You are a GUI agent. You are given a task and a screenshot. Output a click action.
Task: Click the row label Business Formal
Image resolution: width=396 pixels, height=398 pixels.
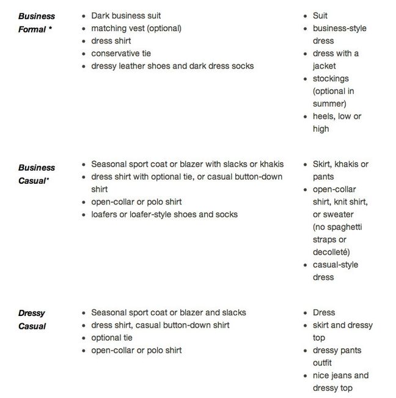point(36,22)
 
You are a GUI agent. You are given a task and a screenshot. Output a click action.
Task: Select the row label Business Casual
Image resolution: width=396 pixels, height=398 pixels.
point(36,174)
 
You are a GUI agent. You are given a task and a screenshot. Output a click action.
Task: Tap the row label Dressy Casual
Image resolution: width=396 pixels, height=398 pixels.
point(32,320)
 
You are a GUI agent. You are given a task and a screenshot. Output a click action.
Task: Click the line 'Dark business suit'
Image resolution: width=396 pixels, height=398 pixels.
point(126,15)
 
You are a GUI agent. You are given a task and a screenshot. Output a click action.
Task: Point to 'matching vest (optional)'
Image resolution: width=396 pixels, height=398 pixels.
point(136,28)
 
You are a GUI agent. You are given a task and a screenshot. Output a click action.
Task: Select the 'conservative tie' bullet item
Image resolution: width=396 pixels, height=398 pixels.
point(122,53)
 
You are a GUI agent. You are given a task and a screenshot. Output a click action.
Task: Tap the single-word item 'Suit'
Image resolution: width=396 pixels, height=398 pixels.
point(320,15)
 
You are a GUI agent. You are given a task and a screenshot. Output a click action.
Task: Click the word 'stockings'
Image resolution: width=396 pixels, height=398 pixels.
point(331,78)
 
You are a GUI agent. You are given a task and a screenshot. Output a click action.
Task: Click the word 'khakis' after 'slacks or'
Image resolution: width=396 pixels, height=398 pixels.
point(272,164)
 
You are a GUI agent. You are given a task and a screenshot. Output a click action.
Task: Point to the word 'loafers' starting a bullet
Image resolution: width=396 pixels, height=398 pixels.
point(106,214)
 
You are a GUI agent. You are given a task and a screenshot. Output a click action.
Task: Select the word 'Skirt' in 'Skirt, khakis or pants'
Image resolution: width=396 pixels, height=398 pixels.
point(323,164)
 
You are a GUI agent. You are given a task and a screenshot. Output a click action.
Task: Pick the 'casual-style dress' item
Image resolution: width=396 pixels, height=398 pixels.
point(335,271)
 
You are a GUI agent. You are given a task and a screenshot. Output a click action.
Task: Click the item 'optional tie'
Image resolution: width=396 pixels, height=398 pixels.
point(112,337)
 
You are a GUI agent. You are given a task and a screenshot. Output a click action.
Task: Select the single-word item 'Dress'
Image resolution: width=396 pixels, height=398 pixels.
point(324,312)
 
